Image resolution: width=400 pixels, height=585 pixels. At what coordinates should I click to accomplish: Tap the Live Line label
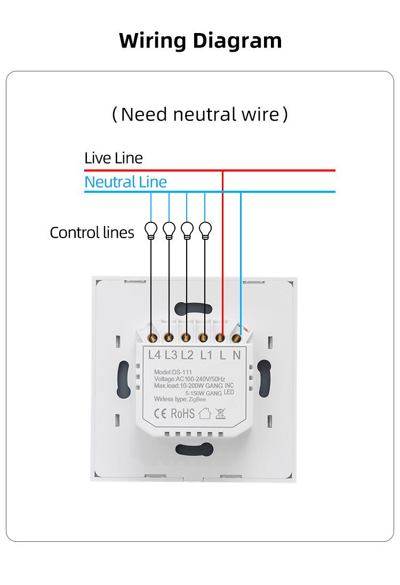tap(114, 158)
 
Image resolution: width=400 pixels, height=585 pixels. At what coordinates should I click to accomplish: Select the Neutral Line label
tap(125, 182)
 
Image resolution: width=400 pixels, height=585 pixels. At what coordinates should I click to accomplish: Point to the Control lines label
tap(92, 232)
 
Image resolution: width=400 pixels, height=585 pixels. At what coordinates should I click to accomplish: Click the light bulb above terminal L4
tap(151, 231)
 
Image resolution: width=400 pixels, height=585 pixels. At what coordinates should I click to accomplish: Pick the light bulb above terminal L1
tap(205, 231)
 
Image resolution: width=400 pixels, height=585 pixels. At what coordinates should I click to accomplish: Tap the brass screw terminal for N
tap(236, 338)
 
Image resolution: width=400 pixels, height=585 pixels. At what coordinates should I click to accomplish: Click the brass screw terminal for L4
tap(152, 338)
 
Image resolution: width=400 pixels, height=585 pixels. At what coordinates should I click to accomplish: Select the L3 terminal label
tap(171, 355)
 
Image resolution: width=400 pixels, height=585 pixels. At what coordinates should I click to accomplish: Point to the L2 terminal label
tap(187, 355)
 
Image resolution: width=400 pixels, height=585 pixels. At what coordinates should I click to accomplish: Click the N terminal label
tap(237, 355)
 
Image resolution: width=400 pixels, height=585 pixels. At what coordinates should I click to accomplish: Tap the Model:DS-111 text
tap(173, 372)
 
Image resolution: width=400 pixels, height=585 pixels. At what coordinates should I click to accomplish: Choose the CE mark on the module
tap(160, 414)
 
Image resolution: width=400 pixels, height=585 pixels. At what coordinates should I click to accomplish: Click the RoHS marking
tap(182, 413)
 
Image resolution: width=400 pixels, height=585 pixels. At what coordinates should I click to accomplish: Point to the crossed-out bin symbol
tap(221, 413)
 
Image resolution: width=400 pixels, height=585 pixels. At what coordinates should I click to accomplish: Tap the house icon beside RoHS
tap(205, 413)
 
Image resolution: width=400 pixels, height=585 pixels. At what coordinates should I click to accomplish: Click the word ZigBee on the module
tap(197, 400)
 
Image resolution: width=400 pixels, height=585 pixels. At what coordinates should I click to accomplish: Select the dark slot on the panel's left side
tap(124, 379)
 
